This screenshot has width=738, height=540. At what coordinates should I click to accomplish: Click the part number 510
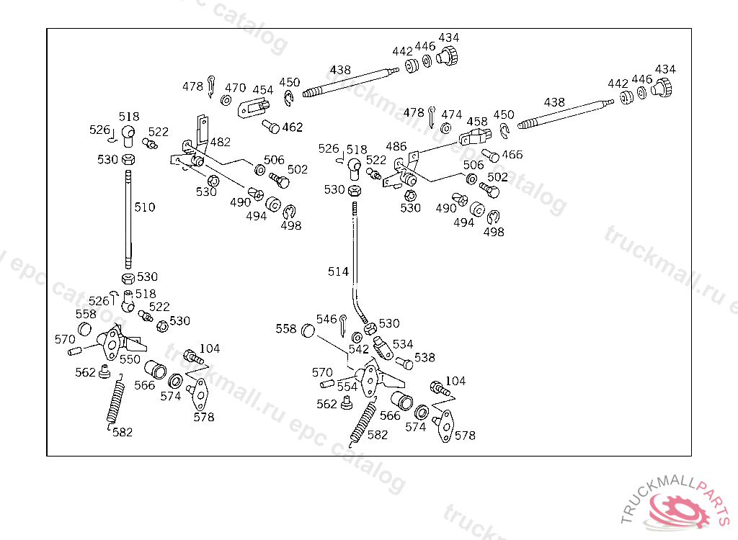[x=144, y=207]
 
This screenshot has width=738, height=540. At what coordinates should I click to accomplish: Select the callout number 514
[x=338, y=271]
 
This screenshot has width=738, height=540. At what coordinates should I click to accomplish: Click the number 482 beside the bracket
[x=221, y=143]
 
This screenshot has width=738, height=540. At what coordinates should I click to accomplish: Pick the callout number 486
[x=396, y=146]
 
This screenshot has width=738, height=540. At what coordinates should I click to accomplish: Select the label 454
[x=263, y=90]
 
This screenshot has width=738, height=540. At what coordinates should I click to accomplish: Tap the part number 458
[x=477, y=122]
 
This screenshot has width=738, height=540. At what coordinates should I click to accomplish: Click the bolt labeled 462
[x=271, y=127]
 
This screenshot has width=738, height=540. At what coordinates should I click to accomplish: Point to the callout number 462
[x=293, y=127]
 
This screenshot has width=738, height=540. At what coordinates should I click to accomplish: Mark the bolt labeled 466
[x=490, y=155]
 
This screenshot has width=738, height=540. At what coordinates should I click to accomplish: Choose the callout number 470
[x=236, y=88]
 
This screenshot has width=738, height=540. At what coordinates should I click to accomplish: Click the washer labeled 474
[x=445, y=128]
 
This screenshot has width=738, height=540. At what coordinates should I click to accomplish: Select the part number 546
[x=326, y=319]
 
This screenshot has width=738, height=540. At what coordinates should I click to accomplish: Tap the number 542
[x=359, y=349]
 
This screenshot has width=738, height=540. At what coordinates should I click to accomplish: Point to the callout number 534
[x=403, y=344]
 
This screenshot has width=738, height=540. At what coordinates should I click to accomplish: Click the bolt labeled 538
[x=404, y=363]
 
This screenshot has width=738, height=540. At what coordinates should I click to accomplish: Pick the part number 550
[x=130, y=359]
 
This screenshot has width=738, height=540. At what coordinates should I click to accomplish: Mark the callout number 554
[x=347, y=387]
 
